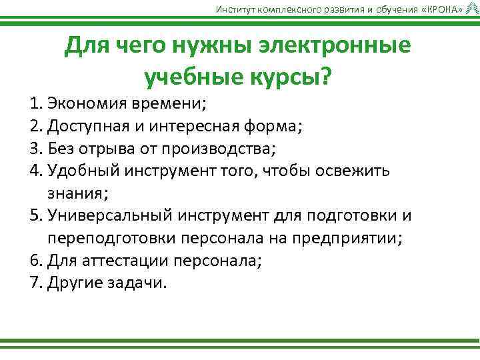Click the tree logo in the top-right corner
pyautogui.click(x=472, y=7)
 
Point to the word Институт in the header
pyautogui.click(x=234, y=8)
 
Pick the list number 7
pyautogui.click(x=35, y=282)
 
